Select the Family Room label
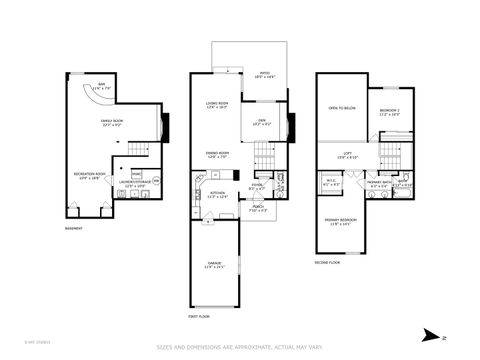pos(111,122)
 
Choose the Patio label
pos(265,74)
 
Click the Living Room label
pos(218,105)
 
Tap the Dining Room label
pos(218,155)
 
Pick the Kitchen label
pos(217,195)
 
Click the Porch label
pos(257,210)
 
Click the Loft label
pos(345,154)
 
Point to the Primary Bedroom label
pos(340,222)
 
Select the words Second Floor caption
pos(328,262)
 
